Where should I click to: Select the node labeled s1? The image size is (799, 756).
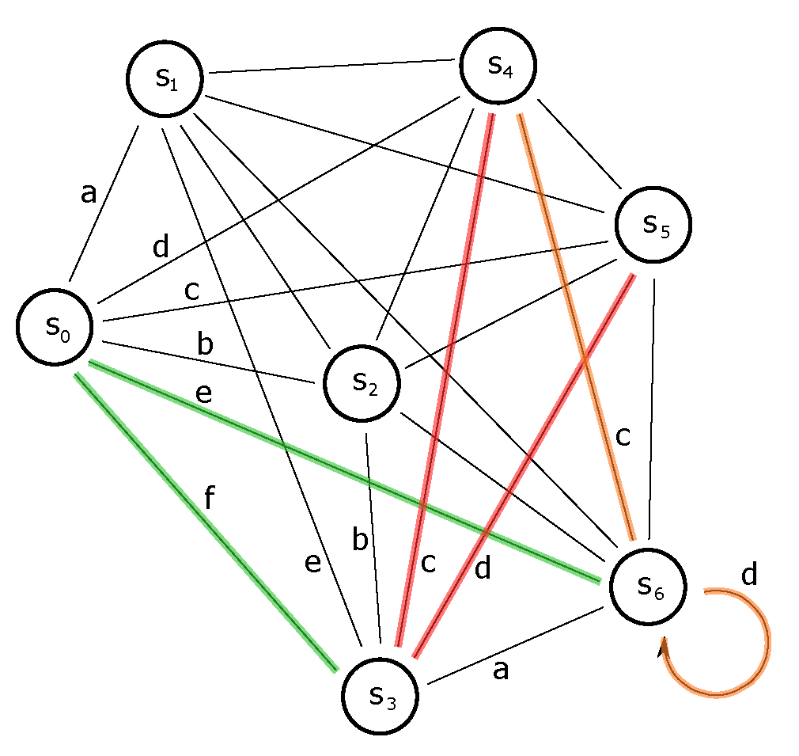tap(165, 78)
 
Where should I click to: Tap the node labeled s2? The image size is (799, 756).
tap(362, 383)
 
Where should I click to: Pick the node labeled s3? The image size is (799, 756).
tap(381, 694)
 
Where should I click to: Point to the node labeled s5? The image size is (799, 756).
tap(653, 226)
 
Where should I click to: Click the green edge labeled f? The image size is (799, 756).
tap(206, 522)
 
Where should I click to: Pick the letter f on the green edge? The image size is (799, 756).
tap(209, 499)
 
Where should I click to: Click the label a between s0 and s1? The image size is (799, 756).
tap(89, 192)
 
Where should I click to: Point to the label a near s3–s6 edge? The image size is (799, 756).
tap(500, 671)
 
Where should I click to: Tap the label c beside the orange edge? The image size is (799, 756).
tap(623, 436)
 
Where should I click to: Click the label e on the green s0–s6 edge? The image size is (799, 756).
tap(203, 393)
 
